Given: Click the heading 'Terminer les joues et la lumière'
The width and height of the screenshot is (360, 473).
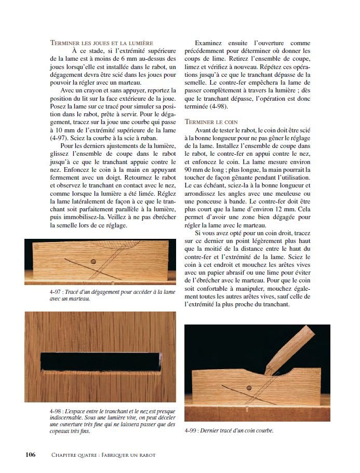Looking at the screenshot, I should [101, 42].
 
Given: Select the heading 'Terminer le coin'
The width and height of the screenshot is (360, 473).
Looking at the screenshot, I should [210, 121].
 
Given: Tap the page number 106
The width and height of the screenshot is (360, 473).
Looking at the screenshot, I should [30, 455].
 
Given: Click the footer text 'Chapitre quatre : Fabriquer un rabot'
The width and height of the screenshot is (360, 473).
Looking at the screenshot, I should [103, 455].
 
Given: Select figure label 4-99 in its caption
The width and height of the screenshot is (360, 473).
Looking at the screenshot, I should [192, 430].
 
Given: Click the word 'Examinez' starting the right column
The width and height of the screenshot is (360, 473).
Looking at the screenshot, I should [210, 43].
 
